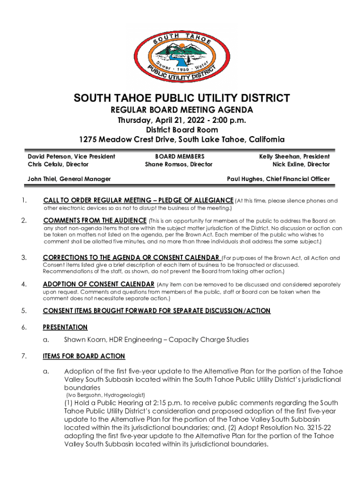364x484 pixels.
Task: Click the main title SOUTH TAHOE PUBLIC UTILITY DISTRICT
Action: (x=182, y=98)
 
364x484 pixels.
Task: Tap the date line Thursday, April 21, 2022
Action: (x=182, y=120)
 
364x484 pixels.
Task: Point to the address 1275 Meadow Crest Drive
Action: (x=182, y=139)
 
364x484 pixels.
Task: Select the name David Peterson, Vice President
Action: (x=71, y=156)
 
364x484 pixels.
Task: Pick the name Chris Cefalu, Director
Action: (x=58, y=164)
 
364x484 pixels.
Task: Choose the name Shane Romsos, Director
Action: (x=179, y=164)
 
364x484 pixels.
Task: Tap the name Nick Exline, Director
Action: (x=301, y=164)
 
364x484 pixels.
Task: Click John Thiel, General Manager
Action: (x=69, y=179)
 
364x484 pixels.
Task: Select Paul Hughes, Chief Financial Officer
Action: (x=278, y=179)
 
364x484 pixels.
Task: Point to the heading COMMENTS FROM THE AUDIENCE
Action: (x=95, y=220)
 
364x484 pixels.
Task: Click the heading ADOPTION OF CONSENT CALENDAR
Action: (x=98, y=285)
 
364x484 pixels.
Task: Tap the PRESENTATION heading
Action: (x=65, y=327)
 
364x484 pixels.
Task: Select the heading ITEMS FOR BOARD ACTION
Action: (x=84, y=356)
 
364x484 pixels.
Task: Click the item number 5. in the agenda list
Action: (x=24, y=311)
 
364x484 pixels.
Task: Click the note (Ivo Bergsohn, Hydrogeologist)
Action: (x=104, y=395)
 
